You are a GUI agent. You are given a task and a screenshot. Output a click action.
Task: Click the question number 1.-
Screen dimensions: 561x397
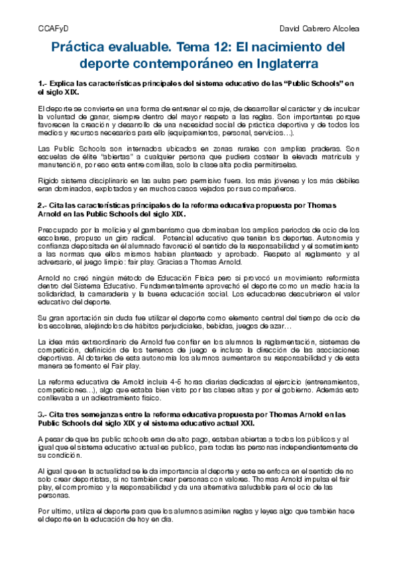(x=42, y=83)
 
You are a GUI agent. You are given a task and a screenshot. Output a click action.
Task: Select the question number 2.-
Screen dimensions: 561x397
(x=42, y=206)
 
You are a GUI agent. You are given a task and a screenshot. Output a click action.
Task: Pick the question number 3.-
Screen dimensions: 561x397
(x=42, y=413)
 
